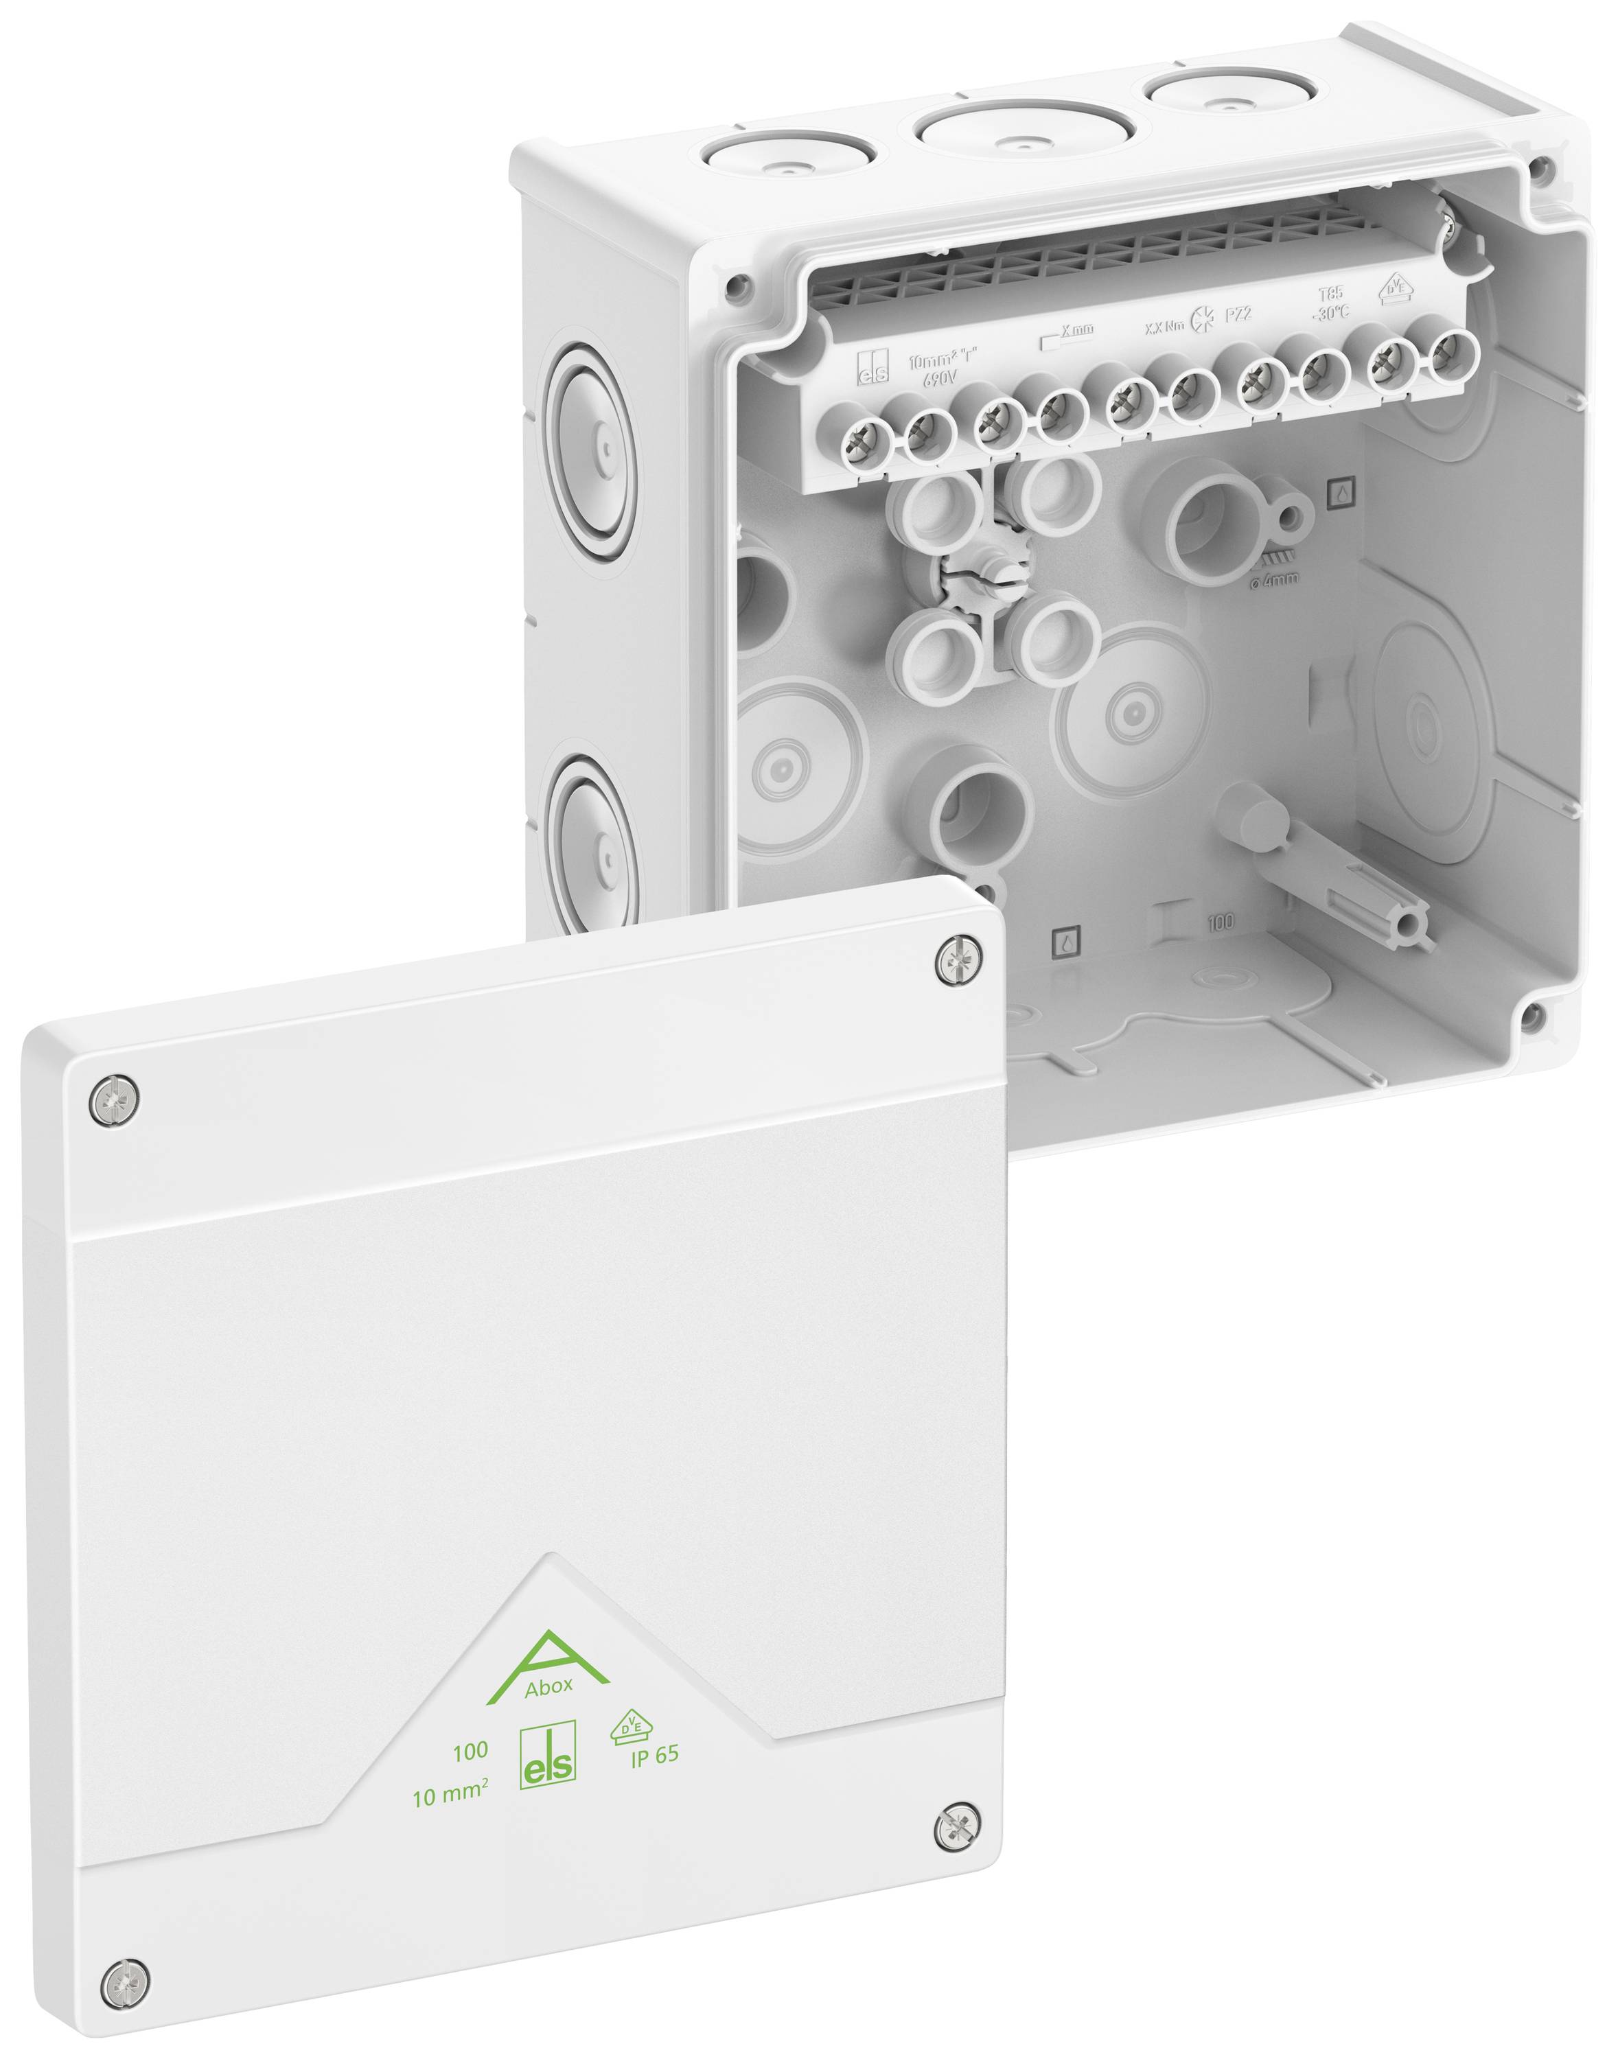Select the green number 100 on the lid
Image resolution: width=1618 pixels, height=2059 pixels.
(x=470, y=1753)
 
